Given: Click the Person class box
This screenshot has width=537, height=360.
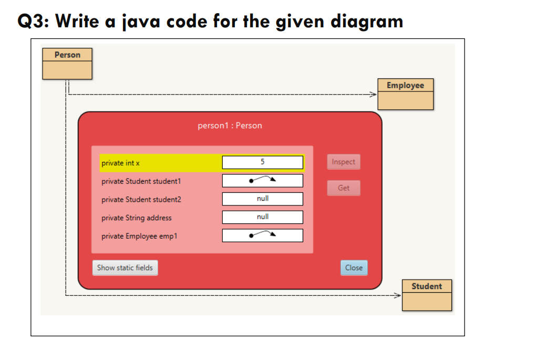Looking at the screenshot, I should click(x=67, y=64).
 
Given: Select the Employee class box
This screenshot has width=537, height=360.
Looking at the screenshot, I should click(x=405, y=94).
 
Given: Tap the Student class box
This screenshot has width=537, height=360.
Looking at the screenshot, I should click(x=426, y=295).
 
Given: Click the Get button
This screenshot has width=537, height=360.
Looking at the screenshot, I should click(x=344, y=188).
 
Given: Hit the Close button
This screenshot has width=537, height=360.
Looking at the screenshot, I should click(x=354, y=268).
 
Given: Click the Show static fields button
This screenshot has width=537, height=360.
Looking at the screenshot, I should click(x=125, y=268).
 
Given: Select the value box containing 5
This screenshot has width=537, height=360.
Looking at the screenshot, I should click(x=262, y=162).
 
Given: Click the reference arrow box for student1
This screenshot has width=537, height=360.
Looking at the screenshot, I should click(x=262, y=181).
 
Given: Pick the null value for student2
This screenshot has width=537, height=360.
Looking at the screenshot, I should click(x=262, y=199).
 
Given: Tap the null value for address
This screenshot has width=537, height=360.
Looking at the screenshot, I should click(x=262, y=217).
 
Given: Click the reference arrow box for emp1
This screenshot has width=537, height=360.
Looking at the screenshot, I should click(x=262, y=235).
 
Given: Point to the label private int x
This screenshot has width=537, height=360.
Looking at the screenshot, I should click(x=121, y=163).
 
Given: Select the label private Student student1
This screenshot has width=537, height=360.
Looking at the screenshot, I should click(x=141, y=181).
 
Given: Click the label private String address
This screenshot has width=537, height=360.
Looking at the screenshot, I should click(x=137, y=218).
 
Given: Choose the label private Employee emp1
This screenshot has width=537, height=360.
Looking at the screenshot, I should click(x=139, y=236).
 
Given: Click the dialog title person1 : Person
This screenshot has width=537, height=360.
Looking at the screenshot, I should click(x=230, y=126).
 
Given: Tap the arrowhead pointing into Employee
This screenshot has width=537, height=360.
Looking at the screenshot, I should click(x=373, y=95).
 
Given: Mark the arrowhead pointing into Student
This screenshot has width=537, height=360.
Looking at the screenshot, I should click(x=397, y=295).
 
